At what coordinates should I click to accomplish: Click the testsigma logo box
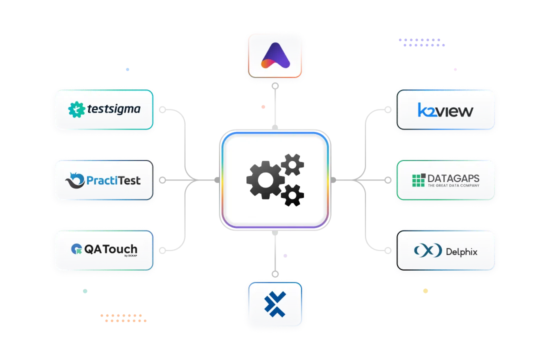pos(104,109)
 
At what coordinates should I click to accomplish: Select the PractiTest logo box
pos(104,180)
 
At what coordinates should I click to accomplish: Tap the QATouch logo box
pos(104,250)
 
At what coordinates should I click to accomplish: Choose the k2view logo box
pos(445,110)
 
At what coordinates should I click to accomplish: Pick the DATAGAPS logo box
pos(445,180)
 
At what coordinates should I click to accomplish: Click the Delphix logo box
pos(445,250)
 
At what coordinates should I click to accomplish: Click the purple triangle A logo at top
pos(275,55)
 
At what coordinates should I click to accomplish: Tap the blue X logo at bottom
pos(275,303)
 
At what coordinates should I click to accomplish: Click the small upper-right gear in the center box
pos(292,164)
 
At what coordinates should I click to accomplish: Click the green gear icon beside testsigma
pos(76,109)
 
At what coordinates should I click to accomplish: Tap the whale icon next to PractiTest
pos(75,180)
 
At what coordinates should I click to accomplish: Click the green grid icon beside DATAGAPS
pos(418,180)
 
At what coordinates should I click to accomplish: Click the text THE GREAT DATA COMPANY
pos(453,185)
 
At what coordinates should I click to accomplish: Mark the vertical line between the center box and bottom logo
pos(274,255)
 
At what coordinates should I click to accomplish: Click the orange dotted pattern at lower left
pos(123,318)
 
